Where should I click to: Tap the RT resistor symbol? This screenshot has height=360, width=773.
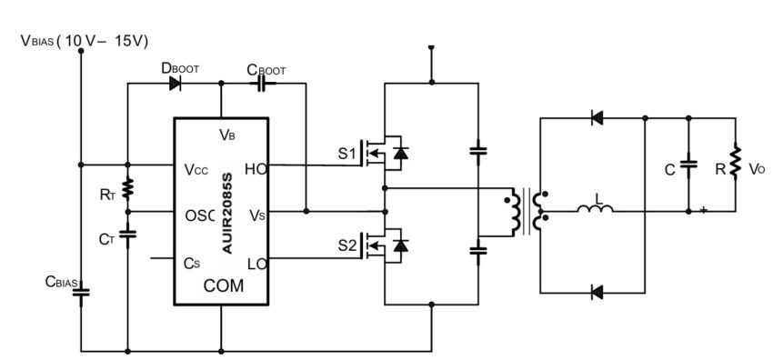(x=127, y=188)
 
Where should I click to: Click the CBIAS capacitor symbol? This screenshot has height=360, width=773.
(x=81, y=293)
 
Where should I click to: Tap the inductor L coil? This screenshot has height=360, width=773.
(x=595, y=210)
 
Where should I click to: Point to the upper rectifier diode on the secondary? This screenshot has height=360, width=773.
(x=597, y=116)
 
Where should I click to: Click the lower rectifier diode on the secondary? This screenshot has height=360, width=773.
(x=597, y=293)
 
